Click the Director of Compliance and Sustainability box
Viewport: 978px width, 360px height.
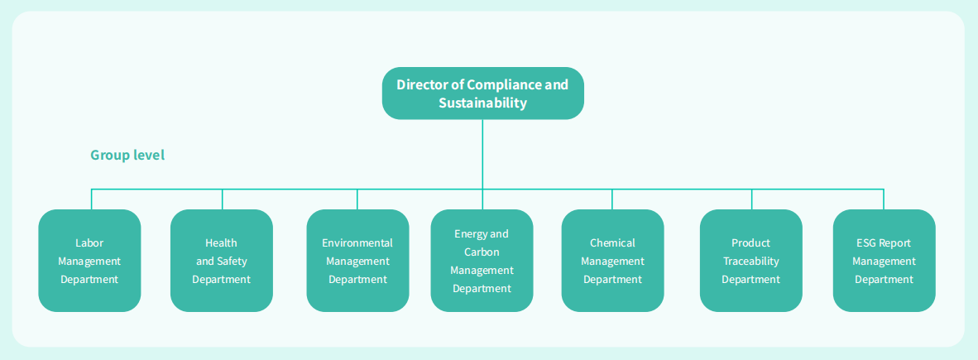coord(482,93)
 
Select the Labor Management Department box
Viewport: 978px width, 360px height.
coord(89,261)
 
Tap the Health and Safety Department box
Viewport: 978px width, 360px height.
coord(222,261)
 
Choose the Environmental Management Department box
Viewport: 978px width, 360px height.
coord(357,261)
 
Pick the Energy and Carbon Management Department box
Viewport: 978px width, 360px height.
coord(482,261)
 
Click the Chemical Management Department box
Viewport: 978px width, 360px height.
coord(612,261)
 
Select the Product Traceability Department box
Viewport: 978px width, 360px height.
coord(750,261)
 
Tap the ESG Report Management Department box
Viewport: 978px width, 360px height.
coord(884,261)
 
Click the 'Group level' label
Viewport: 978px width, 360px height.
coord(127,155)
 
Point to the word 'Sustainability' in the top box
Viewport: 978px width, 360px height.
coord(483,103)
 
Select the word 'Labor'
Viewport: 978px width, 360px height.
coord(89,243)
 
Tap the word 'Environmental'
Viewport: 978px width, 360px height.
coord(357,243)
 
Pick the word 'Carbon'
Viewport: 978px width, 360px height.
coord(482,252)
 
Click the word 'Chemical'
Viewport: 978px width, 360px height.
coord(612,243)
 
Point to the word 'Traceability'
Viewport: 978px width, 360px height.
coord(750,262)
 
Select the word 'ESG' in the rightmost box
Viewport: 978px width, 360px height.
coord(866,243)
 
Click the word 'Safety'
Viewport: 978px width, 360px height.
coord(232,262)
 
